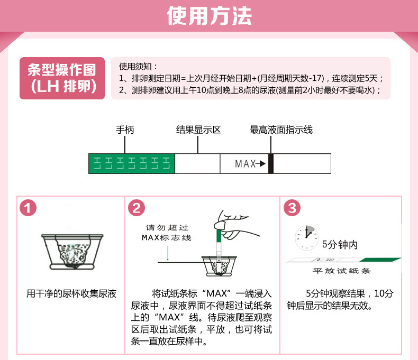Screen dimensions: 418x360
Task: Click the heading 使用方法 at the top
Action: coord(209,16)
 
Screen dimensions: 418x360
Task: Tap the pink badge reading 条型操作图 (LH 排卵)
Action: coord(62,78)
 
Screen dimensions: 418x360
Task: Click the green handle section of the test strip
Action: coord(131,163)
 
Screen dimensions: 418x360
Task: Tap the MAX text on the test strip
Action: coord(246,164)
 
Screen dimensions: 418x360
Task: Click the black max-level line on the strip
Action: coord(271,163)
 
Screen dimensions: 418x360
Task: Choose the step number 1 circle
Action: coord(29,208)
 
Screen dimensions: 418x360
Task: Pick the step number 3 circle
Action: coord(292,208)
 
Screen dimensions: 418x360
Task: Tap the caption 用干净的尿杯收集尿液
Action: coord(71,293)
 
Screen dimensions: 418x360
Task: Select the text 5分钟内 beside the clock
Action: coord(340,245)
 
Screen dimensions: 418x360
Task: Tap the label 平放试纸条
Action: coord(339,271)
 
